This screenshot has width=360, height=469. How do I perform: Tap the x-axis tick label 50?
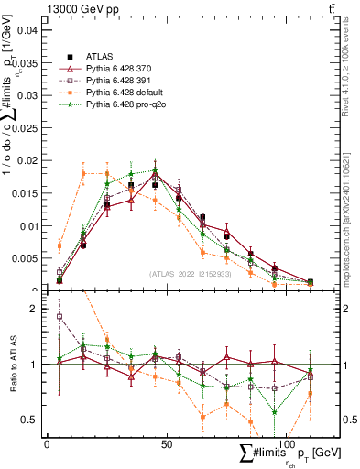(167, 443)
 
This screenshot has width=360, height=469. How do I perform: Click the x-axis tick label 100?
(286, 443)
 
